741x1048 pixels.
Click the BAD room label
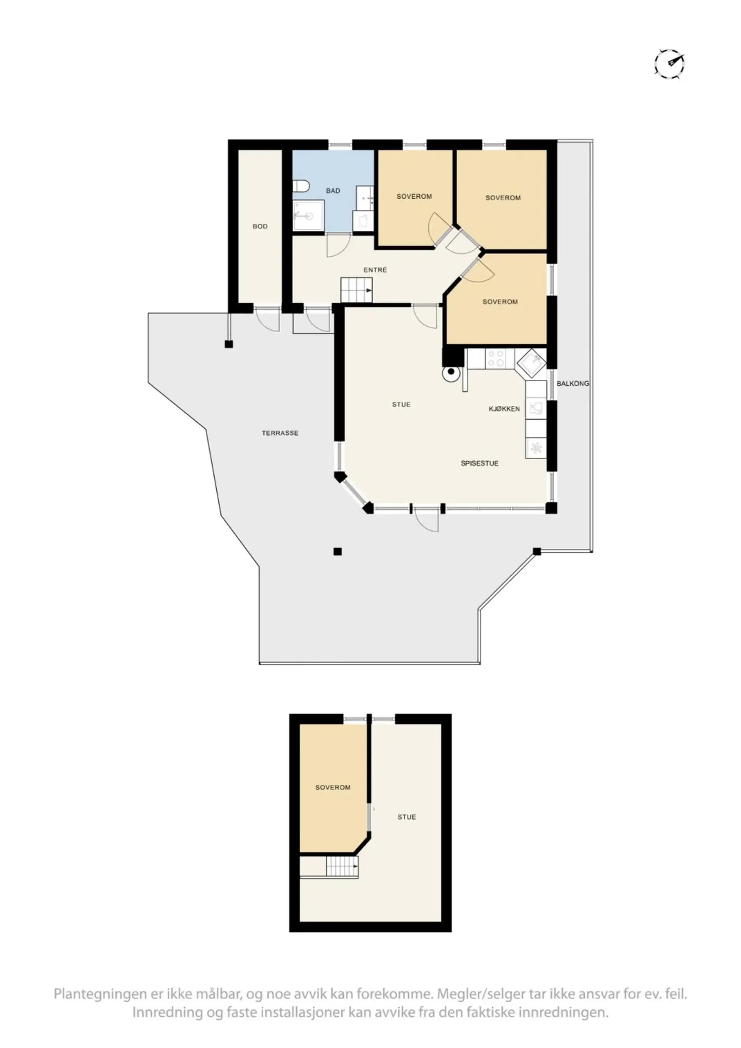[x=333, y=191]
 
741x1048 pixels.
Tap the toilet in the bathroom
[x=301, y=186]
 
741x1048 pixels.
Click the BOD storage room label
[x=260, y=227]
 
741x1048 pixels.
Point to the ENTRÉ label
[x=375, y=270]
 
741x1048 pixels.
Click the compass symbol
[x=669, y=63]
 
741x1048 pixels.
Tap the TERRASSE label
[x=280, y=433]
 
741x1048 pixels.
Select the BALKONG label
[x=573, y=383]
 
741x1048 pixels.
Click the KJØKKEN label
[x=504, y=409]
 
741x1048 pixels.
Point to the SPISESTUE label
[x=479, y=463]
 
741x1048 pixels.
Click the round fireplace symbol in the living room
[x=451, y=372]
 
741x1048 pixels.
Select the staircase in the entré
[x=357, y=290]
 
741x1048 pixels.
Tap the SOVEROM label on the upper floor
[x=333, y=787]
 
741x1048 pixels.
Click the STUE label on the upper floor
[x=406, y=817]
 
